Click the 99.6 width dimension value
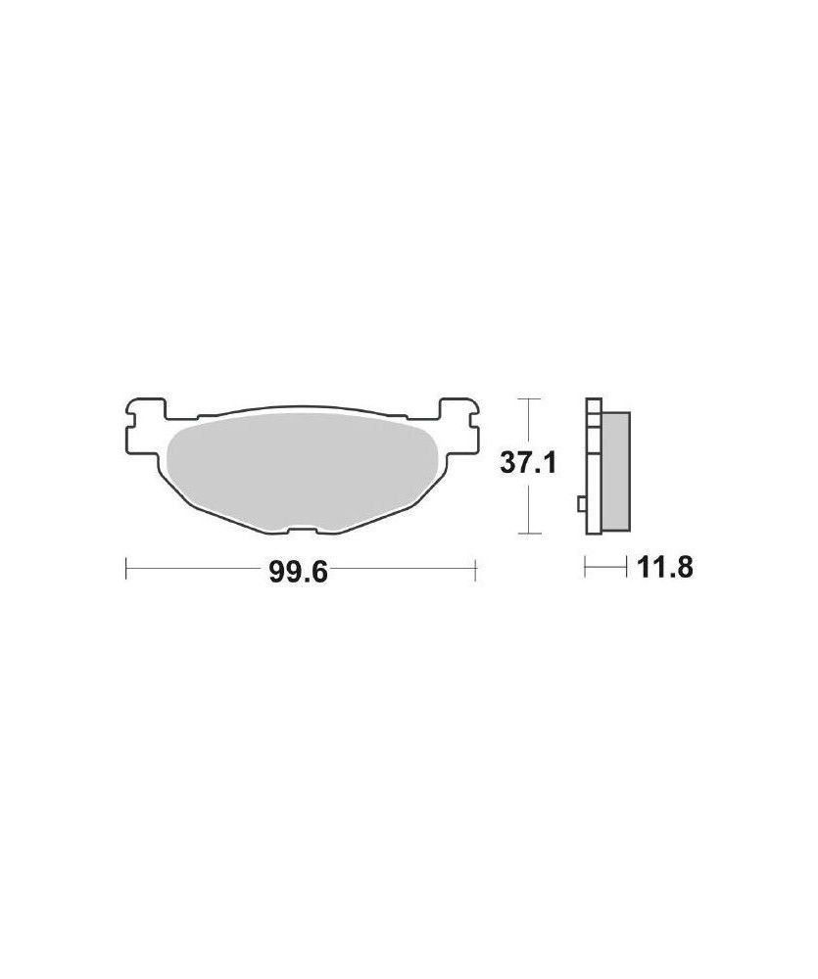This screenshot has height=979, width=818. click(x=298, y=572)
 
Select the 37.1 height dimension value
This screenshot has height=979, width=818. click(x=528, y=463)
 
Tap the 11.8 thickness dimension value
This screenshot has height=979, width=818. click(x=665, y=568)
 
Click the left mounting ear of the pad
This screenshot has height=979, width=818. click(x=146, y=428)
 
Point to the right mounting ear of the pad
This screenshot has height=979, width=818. click(x=459, y=428)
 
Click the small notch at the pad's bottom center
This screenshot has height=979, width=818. click(x=302, y=530)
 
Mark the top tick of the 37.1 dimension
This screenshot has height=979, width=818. click(x=529, y=399)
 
